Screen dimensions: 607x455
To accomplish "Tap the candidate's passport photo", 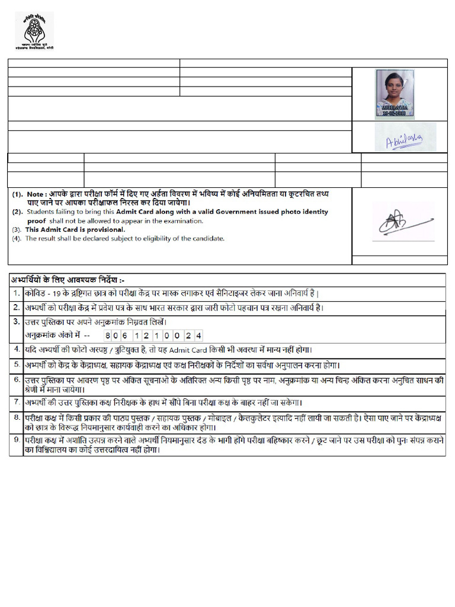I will pyautogui.click(x=395, y=93).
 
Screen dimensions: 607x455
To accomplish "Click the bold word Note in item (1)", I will pyautogui.click(x=36, y=194).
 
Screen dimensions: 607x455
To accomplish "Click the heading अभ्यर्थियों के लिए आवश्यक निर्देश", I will pyautogui.click(x=68, y=279).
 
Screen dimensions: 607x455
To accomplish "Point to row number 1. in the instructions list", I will pyautogui.click(x=16, y=293).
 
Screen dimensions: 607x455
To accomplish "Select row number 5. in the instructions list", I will pyautogui.click(x=16, y=365).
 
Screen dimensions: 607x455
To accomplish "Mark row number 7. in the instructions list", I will pyautogui.click(x=16, y=402).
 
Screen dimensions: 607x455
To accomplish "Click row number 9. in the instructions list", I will pyautogui.click(x=16, y=440).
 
